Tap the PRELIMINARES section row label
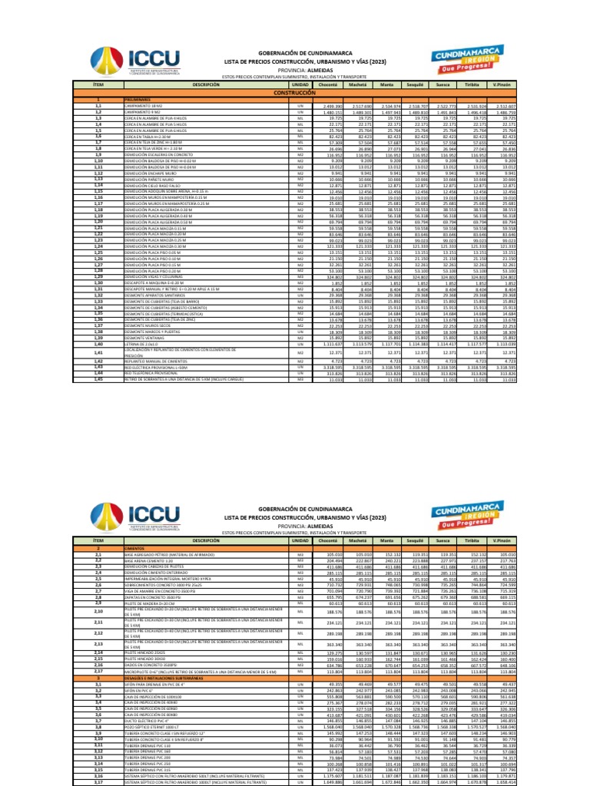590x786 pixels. [x=138, y=100]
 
